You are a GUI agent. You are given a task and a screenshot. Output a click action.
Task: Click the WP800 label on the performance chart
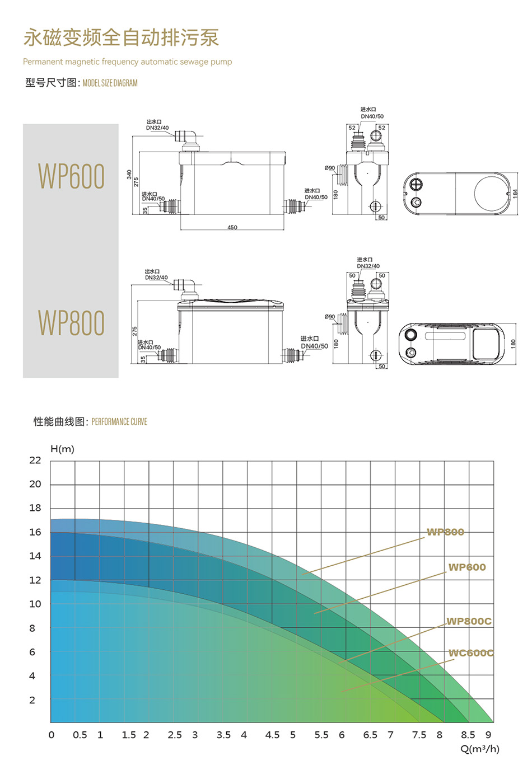[445, 532]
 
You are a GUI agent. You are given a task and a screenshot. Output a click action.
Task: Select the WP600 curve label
[467, 567]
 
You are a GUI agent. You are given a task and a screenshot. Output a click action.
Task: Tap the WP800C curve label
[469, 621]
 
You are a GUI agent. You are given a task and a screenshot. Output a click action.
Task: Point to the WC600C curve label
[471, 653]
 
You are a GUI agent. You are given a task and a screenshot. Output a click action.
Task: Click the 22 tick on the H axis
[35, 461]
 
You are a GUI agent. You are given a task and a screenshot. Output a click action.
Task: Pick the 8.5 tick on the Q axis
[468, 735]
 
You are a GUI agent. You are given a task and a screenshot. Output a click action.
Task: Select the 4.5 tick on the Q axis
[272, 735]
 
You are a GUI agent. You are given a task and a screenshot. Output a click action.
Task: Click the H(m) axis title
[62, 449]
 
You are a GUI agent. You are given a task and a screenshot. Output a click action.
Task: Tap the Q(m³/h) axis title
[480, 749]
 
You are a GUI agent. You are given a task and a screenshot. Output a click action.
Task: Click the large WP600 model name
[71, 176]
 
